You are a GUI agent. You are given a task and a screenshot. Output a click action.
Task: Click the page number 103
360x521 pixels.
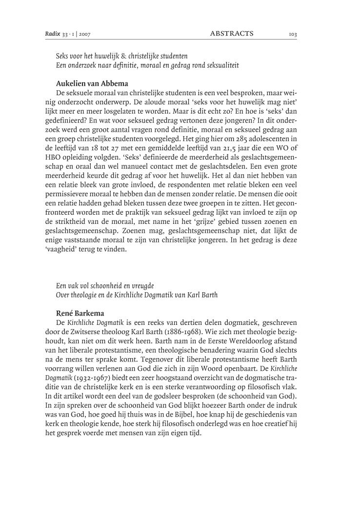[293, 34]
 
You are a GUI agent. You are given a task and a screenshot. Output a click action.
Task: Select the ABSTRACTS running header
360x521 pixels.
[232, 33]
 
